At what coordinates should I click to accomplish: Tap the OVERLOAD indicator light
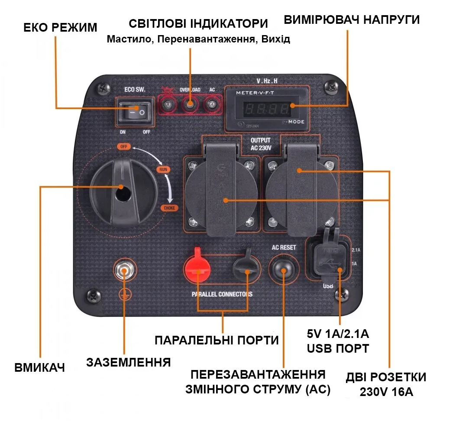click(190, 104)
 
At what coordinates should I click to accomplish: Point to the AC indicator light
click(212, 104)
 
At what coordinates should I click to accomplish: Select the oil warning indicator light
click(167, 104)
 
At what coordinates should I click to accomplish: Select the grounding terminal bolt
click(124, 271)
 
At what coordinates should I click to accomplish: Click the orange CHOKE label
click(169, 208)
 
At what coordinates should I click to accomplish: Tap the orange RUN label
click(163, 169)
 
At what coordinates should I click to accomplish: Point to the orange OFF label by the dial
click(124, 146)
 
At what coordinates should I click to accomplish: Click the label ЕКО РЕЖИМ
click(60, 28)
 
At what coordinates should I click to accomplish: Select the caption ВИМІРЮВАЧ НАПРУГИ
click(352, 20)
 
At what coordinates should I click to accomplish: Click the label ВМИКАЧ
click(39, 368)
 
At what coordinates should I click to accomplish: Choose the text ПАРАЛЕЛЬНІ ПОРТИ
click(217, 340)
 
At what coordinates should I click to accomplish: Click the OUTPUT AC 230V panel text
click(261, 144)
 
